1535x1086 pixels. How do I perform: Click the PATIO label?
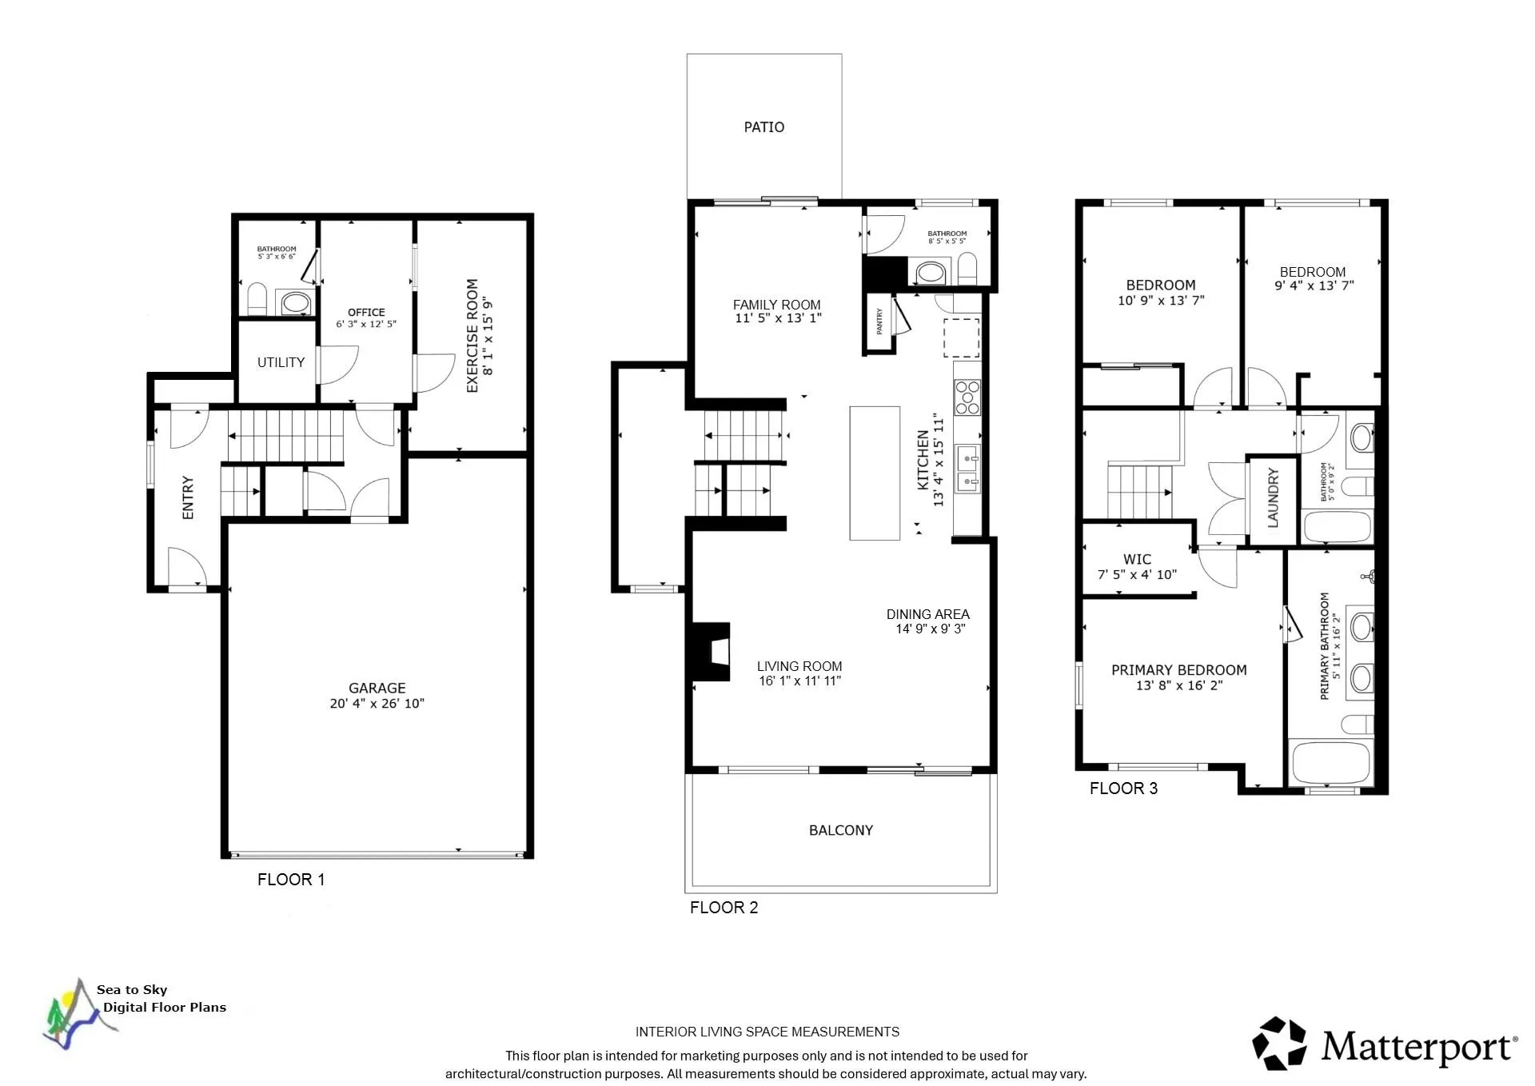point(764,127)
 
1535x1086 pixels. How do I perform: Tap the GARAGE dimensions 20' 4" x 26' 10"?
point(377,704)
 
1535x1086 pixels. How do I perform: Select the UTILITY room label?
point(281,362)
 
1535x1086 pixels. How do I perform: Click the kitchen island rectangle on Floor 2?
point(875,473)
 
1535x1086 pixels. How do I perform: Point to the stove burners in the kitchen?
point(967,397)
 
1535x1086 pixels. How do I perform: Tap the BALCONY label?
point(840,830)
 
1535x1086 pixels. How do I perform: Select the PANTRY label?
point(879,321)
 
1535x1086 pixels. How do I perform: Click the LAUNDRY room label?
point(1273,498)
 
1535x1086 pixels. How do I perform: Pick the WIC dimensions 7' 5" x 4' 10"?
point(1137,574)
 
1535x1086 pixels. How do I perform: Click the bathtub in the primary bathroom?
point(1331,764)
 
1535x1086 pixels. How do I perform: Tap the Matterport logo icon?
point(1280,1043)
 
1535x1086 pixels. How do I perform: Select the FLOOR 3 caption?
point(1122,789)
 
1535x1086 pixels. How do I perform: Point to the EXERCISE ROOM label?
point(472,336)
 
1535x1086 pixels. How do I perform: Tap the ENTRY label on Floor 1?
point(188,497)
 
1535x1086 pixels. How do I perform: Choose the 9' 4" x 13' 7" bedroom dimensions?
point(1314,285)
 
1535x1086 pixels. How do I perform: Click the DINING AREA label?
point(927,614)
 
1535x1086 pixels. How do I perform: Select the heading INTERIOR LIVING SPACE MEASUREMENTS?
point(767,1032)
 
